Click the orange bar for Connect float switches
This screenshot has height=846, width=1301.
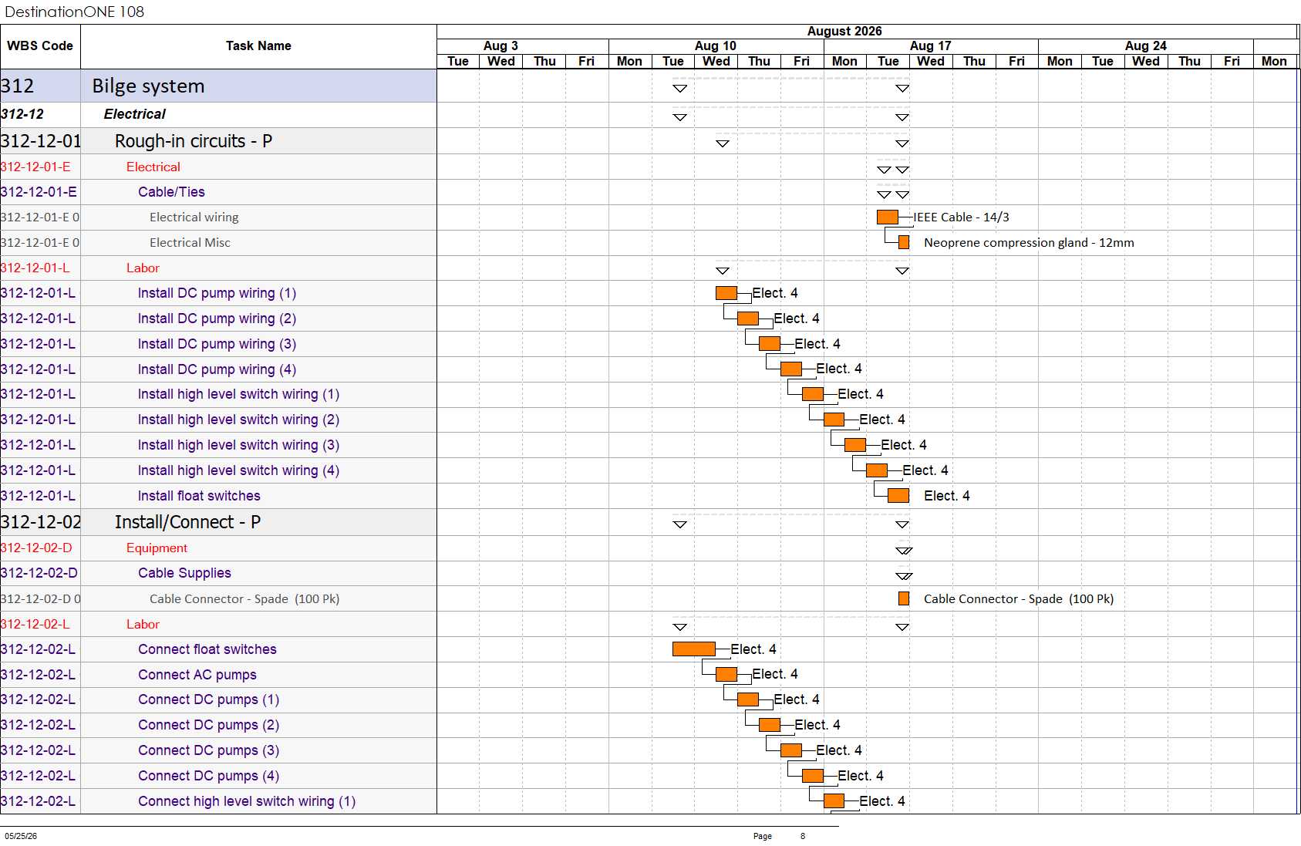(693, 649)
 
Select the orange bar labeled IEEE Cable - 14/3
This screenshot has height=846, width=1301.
(888, 217)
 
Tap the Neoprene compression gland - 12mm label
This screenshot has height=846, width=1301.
(1029, 243)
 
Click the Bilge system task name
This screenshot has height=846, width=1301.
(148, 86)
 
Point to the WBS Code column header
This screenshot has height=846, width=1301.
(40, 46)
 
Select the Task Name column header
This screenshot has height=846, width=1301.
(258, 46)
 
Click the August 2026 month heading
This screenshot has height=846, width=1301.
(844, 32)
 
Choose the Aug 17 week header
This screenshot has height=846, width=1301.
(931, 46)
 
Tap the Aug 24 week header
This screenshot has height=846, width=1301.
(1145, 46)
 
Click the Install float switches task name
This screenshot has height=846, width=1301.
(199, 496)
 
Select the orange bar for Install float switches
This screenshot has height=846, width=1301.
(898, 495)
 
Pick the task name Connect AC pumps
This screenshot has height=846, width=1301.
(197, 675)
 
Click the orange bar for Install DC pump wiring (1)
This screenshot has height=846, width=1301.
(726, 293)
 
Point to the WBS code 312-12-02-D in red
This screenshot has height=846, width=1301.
(36, 548)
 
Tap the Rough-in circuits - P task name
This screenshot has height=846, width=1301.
(194, 141)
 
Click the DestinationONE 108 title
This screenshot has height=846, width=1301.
(74, 12)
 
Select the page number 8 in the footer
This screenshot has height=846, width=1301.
(803, 836)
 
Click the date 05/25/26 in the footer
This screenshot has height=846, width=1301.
(21, 836)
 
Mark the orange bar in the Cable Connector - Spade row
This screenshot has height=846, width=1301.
(904, 598)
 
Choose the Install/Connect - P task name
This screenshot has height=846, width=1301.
(187, 522)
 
